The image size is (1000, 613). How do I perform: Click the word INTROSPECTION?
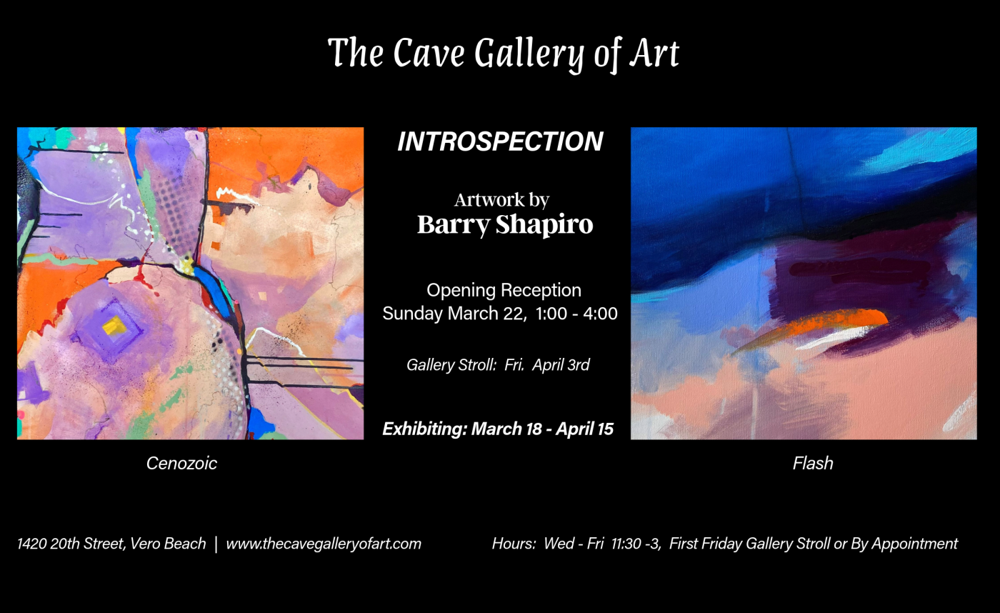[x=500, y=141]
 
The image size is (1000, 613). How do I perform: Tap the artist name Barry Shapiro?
[x=505, y=224]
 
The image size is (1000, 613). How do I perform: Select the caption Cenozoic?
[x=181, y=464]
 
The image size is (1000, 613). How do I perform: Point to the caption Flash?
[x=813, y=464]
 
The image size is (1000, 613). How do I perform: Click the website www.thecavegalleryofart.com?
[x=324, y=544]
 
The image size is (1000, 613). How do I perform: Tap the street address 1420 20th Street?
[x=71, y=544]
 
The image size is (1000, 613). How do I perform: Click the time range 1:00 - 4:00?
[x=576, y=314]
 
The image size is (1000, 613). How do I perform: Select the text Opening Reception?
[x=504, y=291]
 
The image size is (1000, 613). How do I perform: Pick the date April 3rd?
[x=561, y=365]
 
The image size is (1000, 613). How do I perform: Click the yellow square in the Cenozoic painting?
[x=114, y=327]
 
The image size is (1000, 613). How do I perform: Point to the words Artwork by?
[x=501, y=200]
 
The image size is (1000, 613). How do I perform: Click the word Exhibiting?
[x=424, y=429]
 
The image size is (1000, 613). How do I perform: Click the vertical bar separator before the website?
[x=216, y=544]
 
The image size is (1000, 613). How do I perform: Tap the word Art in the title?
[x=654, y=54]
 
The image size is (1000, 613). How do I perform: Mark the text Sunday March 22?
[x=453, y=314]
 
